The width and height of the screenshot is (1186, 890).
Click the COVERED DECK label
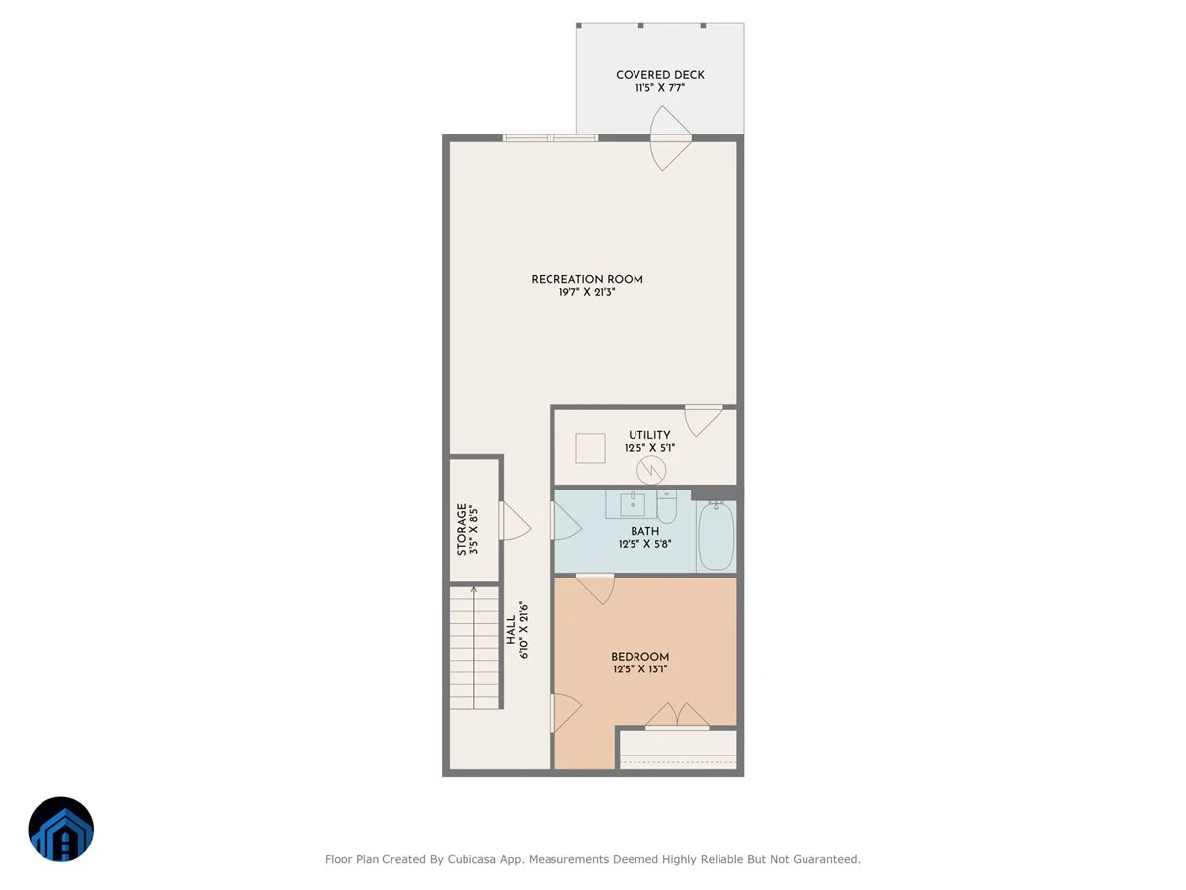tap(660, 75)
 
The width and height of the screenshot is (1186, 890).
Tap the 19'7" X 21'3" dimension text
tap(587, 292)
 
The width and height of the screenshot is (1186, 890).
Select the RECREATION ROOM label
tap(587, 280)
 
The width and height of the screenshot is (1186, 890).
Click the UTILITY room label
tap(649, 435)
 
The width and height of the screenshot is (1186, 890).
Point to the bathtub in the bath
tap(716, 535)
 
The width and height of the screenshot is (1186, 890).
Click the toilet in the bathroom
tap(667, 507)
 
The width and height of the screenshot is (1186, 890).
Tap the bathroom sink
tap(632, 504)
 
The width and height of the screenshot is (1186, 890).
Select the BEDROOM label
tap(639, 657)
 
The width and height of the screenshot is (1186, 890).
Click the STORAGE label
tap(462, 530)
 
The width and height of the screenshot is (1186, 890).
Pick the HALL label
tap(511, 630)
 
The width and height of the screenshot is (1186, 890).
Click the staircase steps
tap(473, 648)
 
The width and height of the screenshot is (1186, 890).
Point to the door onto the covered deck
tap(670, 138)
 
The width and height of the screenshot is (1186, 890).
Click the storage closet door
tap(514, 521)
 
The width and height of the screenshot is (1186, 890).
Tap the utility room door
tap(704, 421)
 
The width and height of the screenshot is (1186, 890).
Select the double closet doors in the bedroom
tap(677, 715)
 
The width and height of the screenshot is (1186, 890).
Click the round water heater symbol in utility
tap(651, 470)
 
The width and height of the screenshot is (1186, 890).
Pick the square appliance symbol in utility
tap(590, 448)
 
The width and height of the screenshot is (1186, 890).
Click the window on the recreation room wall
tap(551, 138)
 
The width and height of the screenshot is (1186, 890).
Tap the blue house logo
tap(61, 829)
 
